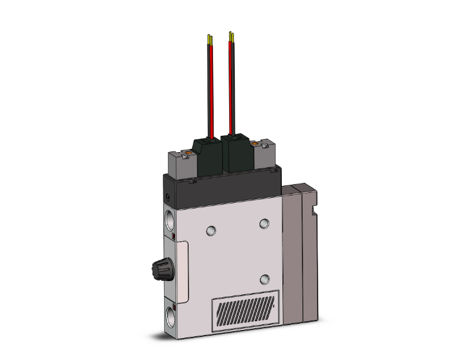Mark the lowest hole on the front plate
tap(265, 278)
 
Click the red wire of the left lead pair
tap(212, 94)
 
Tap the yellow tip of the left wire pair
tap(209, 39)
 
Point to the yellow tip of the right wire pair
tap(232, 36)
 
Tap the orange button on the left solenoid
tap(186, 152)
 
